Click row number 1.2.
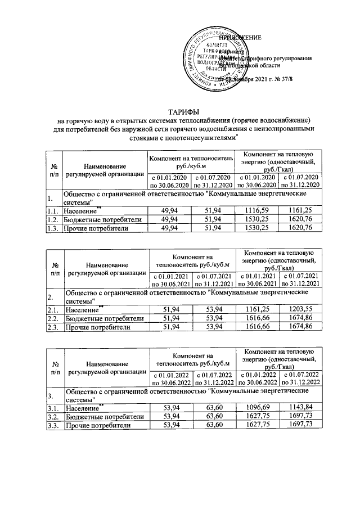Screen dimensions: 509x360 tap(53, 219)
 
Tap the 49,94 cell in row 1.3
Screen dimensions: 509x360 tap(170, 228)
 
